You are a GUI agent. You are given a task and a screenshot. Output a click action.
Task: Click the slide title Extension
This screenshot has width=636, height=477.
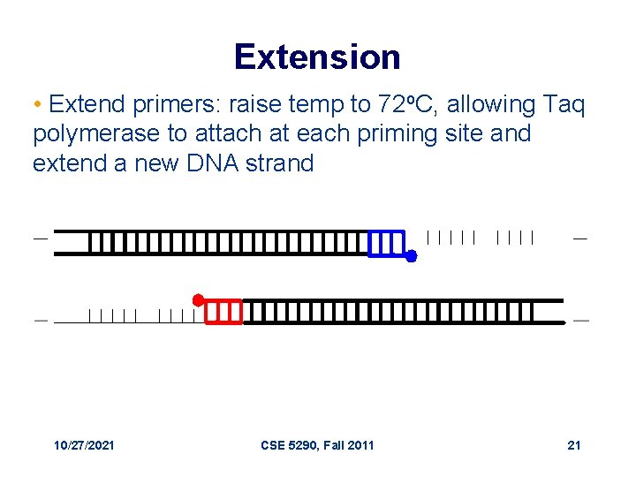click(x=317, y=57)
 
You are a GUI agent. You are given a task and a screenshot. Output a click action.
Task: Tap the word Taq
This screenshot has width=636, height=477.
click(x=564, y=105)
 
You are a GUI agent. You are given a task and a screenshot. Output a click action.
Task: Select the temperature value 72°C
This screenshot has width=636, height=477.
click(x=409, y=105)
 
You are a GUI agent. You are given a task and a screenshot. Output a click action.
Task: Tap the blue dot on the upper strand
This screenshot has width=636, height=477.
click(x=411, y=256)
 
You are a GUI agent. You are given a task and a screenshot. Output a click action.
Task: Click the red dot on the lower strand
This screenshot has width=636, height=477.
click(x=199, y=299)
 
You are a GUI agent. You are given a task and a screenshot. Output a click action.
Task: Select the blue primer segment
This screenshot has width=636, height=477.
click(x=387, y=243)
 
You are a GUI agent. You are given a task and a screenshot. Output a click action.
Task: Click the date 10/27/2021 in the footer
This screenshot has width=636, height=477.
click(x=83, y=445)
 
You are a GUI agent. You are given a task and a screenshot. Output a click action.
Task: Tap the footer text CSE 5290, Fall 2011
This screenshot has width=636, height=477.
click(x=317, y=445)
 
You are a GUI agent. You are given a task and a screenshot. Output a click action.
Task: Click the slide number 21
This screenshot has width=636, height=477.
click(x=574, y=445)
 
